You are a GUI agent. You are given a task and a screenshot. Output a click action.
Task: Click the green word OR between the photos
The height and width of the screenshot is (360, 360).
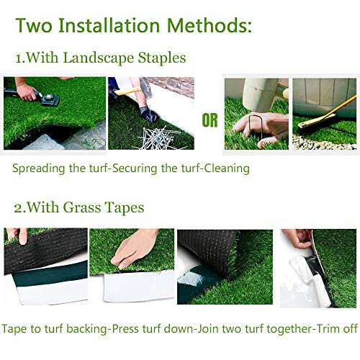(210, 120)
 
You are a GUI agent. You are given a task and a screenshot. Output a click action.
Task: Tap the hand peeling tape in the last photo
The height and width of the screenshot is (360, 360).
(295, 241)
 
